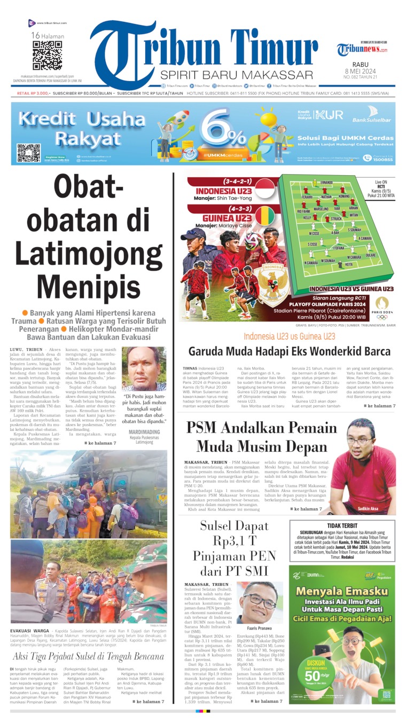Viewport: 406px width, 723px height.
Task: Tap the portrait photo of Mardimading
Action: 143,369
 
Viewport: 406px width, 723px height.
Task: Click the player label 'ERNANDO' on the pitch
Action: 326,184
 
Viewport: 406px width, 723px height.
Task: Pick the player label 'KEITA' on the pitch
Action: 349,264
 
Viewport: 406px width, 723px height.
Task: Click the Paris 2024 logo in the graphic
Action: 382,307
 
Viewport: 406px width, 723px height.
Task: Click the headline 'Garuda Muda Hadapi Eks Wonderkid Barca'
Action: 289,351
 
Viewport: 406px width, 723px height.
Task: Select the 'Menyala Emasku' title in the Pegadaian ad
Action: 342,591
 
